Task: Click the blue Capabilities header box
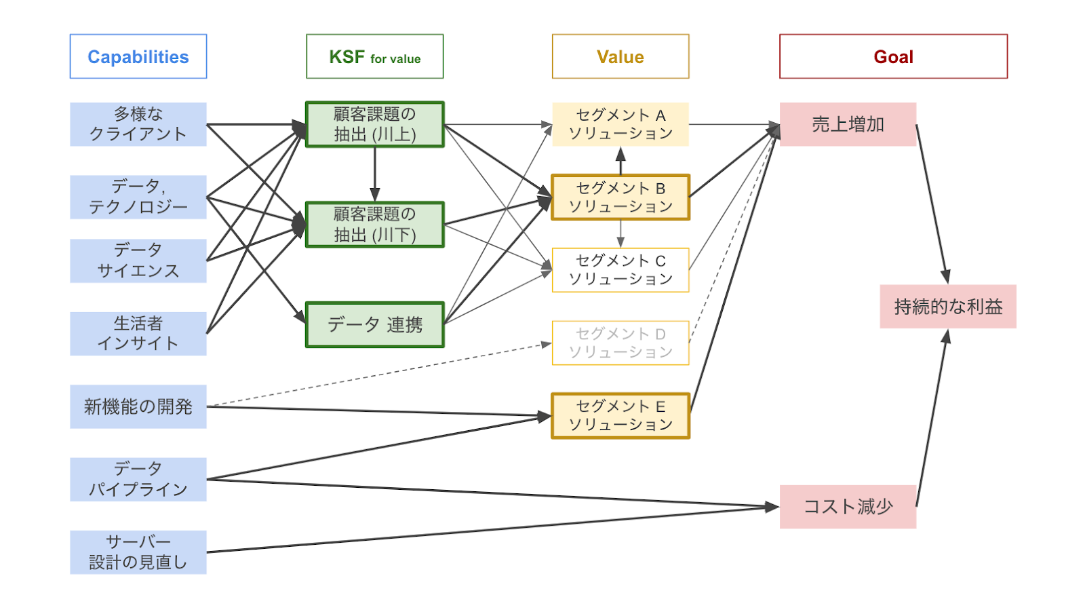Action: [x=138, y=56]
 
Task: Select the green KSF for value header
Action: [x=374, y=56]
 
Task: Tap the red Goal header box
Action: [x=893, y=56]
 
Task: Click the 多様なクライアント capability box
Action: [x=138, y=124]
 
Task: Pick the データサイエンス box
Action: [x=138, y=261]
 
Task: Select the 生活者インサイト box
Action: [x=138, y=333]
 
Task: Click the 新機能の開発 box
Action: [x=138, y=406]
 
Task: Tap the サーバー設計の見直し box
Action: [x=138, y=552]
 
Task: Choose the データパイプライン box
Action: [x=138, y=479]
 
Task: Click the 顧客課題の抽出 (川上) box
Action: [x=374, y=124]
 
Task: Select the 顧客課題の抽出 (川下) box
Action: [x=374, y=225]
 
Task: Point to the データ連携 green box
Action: [x=374, y=324]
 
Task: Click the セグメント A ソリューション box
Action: [x=620, y=124]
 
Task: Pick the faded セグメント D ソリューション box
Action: [x=620, y=343]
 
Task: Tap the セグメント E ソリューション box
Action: [x=620, y=415]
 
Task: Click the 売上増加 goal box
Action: [x=848, y=124]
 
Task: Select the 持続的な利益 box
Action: [x=947, y=307]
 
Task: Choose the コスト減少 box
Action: [x=848, y=506]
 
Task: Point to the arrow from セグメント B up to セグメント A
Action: [x=620, y=161]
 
